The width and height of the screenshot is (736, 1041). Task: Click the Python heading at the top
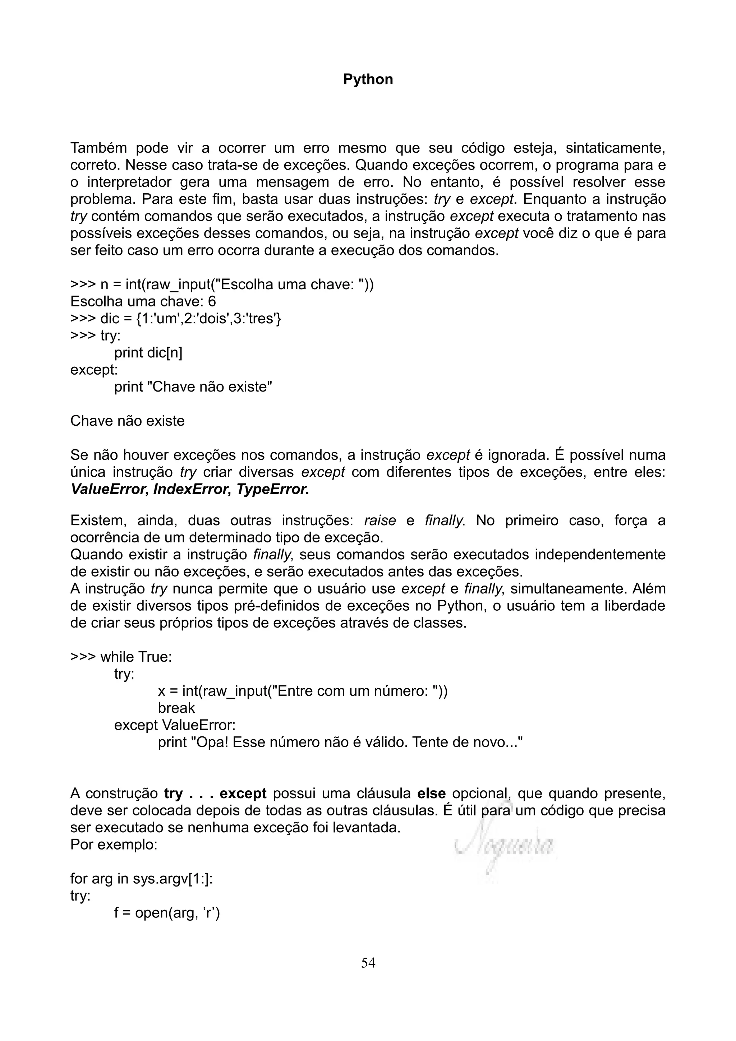[x=368, y=79]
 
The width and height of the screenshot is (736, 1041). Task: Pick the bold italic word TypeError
[x=272, y=489]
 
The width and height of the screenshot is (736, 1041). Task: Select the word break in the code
[x=176, y=708]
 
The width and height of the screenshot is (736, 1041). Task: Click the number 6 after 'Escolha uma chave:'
[x=212, y=301]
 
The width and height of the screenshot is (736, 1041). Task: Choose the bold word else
[x=431, y=794]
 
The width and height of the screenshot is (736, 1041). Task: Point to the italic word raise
[x=380, y=520]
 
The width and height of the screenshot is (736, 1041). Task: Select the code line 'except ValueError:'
[x=175, y=725]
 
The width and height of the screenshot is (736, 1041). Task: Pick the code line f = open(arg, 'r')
[x=167, y=913]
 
